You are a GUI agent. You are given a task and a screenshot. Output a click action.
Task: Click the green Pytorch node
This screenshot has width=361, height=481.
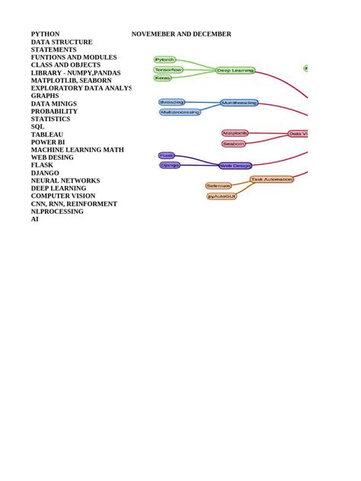coord(165,59)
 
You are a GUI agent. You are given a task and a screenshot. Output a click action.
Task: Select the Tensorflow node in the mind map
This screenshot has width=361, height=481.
coord(168,69)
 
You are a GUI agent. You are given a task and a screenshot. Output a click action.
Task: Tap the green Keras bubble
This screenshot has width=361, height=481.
coord(162,78)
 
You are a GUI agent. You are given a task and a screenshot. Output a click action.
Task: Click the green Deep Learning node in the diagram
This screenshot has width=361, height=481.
coord(235,70)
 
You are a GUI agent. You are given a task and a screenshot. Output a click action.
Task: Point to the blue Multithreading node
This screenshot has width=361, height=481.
coord(239,102)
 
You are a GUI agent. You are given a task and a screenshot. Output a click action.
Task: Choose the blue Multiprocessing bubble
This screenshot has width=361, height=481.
coord(180,112)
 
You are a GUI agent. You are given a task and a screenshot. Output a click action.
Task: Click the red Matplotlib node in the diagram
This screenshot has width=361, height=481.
coord(235,133)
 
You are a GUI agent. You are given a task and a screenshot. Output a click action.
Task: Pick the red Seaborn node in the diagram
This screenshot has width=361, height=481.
coord(234,143)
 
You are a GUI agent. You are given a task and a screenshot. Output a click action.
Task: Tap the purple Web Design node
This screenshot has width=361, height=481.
coord(235,165)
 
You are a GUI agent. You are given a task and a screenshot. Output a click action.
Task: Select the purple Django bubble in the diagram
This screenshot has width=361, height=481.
coord(170,164)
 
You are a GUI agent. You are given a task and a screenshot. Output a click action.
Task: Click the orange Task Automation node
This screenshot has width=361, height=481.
coord(272,180)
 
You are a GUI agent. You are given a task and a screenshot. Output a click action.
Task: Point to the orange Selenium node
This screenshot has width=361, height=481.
coord(218,185)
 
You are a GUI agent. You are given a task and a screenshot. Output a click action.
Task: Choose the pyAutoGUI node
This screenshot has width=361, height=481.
coord(222,196)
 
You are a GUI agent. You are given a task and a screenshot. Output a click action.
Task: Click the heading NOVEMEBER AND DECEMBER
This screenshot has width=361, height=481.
coord(181,34)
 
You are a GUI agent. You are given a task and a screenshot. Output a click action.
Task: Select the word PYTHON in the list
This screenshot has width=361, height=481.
coord(45,34)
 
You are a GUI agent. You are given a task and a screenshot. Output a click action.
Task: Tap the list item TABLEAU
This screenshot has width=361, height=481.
coord(47,135)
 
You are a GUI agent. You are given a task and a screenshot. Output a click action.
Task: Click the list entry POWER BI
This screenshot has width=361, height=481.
coord(49,142)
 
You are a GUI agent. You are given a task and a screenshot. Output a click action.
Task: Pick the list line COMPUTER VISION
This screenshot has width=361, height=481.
coord(63,196)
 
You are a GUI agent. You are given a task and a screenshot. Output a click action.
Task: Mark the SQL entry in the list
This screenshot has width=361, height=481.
coord(37,127)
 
